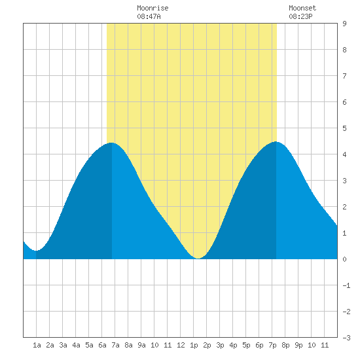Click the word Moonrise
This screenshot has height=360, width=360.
153,8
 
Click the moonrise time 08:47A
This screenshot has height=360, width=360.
149,16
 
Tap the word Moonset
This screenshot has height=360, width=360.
302,8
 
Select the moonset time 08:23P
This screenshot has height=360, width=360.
300,16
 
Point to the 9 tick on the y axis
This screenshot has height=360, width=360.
344,24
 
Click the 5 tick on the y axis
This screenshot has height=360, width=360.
344,128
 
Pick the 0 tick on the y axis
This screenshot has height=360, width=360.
344,259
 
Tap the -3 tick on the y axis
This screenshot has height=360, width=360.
346,338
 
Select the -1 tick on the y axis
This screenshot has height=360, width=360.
346,285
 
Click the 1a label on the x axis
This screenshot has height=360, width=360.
37,345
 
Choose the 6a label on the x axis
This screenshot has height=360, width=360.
102,345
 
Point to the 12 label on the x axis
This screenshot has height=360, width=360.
181,345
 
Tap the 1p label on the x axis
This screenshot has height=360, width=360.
194,346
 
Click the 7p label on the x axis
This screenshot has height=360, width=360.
272,346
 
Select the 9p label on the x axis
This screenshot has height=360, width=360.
298,346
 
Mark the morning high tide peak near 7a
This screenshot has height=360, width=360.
111,143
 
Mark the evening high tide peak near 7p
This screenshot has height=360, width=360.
276,141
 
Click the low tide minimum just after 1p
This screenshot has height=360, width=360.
198,259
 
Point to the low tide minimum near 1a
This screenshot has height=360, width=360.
36,251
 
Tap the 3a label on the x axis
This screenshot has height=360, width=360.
63,345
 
